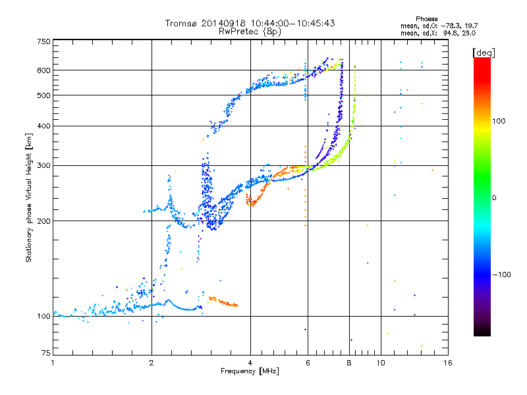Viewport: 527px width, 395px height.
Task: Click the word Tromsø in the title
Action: point(181,23)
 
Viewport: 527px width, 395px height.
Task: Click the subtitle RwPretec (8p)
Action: point(250,32)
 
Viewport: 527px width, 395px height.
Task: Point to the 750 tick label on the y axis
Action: point(43,41)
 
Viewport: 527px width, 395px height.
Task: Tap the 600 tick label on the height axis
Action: point(43,70)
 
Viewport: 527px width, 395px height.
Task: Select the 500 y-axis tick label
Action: point(43,95)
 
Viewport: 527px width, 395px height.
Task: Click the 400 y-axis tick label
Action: point(43,126)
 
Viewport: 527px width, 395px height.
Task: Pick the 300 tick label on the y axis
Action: point(43,165)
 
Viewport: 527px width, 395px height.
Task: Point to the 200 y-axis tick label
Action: point(43,221)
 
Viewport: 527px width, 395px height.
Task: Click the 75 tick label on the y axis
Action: point(46,353)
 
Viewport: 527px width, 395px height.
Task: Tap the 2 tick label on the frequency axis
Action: point(152,363)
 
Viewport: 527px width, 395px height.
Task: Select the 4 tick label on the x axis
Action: point(250,363)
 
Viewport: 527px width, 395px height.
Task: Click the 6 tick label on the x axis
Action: point(308,363)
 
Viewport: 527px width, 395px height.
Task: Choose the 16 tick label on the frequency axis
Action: point(448,363)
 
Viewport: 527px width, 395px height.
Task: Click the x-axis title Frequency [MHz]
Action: point(250,371)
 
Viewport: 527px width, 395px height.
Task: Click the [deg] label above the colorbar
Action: point(484,53)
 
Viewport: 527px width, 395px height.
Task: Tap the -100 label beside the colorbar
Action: point(502,275)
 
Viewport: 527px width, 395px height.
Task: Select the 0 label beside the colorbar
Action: point(494,198)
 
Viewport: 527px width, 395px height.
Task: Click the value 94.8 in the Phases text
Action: point(450,34)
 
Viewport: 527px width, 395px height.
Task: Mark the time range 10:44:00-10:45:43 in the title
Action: point(292,23)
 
